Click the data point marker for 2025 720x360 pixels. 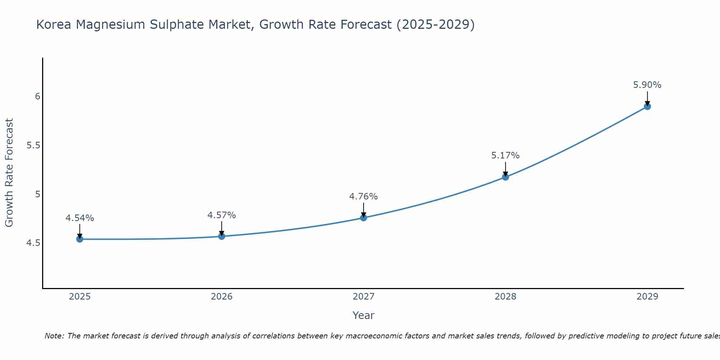click(x=80, y=239)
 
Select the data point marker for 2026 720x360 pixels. click(x=222, y=236)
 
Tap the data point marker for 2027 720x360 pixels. click(x=364, y=218)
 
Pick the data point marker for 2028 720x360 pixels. click(x=505, y=177)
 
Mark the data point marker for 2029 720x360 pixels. click(x=647, y=107)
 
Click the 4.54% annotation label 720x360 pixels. click(x=80, y=218)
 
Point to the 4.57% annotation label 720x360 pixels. click(x=222, y=215)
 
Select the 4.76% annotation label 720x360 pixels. click(x=364, y=197)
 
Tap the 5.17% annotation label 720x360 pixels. click(x=505, y=156)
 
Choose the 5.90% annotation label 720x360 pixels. click(x=647, y=85)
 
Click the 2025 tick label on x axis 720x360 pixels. click(x=80, y=297)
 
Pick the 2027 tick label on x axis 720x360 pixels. click(x=364, y=297)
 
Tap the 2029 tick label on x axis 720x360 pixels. click(x=647, y=297)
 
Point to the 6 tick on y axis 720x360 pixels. click(x=37, y=96)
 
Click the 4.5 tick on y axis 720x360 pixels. click(x=33, y=243)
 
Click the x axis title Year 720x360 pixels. click(x=364, y=315)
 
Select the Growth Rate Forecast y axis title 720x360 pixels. click(x=9, y=173)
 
